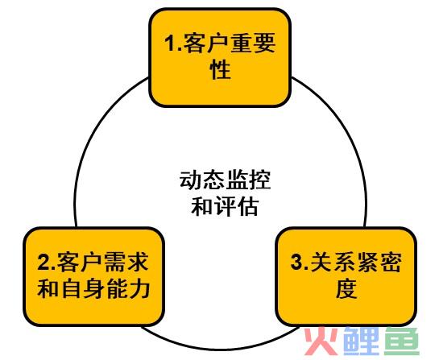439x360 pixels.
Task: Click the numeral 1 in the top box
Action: coord(170,43)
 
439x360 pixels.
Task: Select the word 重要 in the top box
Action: coord(254,43)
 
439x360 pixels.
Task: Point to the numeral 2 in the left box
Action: coord(43,263)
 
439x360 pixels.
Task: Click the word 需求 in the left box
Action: coord(126,263)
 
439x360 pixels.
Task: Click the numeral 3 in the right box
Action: coord(296,263)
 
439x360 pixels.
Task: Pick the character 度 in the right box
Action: coord(346,288)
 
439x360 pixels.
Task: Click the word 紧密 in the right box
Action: coord(379,263)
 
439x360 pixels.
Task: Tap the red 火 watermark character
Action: coord(322,341)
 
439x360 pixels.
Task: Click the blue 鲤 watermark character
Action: coord(362,341)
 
